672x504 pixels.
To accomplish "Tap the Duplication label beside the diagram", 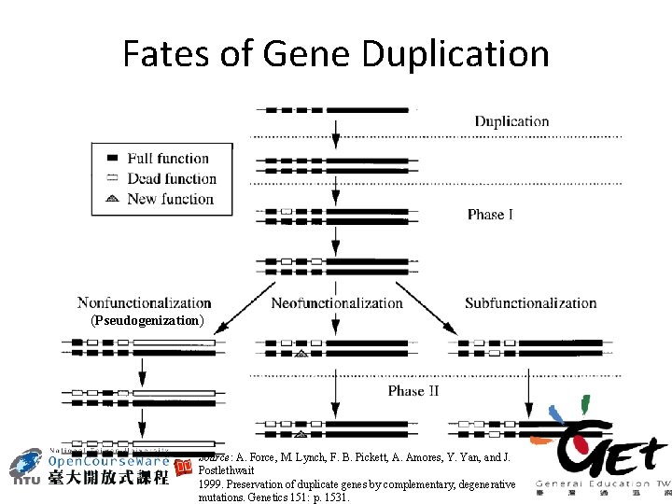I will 511,121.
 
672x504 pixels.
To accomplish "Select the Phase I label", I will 490,215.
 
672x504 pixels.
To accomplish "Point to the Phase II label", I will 413,390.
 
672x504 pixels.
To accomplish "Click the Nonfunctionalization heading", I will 145,302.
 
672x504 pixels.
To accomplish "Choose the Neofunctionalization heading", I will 337,302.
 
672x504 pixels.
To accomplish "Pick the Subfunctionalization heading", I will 530,302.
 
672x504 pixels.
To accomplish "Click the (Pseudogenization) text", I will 147,320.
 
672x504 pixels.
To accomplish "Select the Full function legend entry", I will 167,159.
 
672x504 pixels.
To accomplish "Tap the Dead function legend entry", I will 171,178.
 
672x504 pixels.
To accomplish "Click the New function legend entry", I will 170,198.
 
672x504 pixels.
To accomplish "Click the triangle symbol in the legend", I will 111,198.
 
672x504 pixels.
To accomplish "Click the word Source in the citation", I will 216,458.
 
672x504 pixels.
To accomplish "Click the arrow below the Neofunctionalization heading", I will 336,323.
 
